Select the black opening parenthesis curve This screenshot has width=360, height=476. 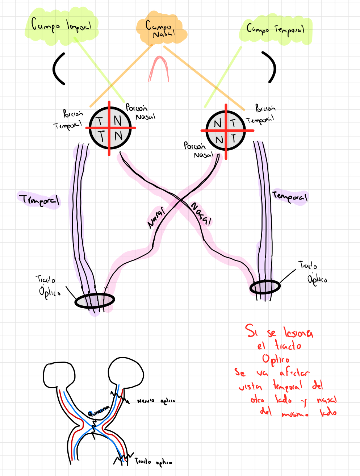[58, 68]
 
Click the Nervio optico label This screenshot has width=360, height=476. [156, 401]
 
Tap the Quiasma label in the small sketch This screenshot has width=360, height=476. [99, 410]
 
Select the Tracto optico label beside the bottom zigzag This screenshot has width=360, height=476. [153, 462]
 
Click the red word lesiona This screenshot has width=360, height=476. [298, 332]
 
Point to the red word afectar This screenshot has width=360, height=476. [294, 372]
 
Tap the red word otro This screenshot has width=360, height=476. [257, 400]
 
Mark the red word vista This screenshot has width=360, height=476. [250, 387]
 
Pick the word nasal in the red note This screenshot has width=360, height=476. [327, 400]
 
